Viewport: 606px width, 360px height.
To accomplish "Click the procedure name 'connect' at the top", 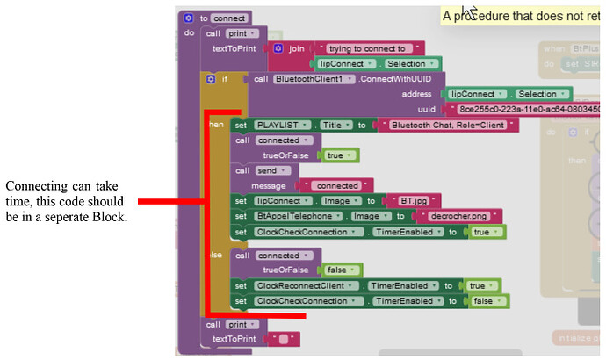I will point(230,18).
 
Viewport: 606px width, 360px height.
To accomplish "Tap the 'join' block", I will point(296,48).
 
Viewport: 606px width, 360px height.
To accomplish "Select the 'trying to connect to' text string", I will point(369,48).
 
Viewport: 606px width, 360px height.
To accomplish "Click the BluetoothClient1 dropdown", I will point(313,79).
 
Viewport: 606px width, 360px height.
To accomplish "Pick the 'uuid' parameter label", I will point(426,109).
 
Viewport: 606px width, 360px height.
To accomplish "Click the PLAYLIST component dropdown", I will point(282,125).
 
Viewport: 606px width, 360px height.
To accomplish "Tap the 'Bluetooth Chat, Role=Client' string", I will point(448,126).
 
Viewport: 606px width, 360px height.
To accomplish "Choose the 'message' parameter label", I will point(269,185).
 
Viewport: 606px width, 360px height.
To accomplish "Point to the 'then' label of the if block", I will point(215,125).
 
